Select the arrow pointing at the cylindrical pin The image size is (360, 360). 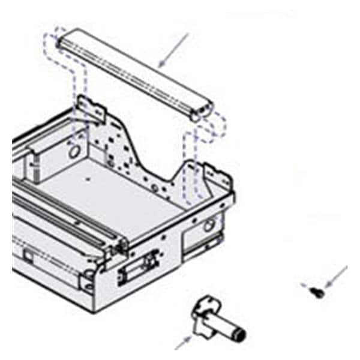(182, 343)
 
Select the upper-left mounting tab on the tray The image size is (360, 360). (90, 108)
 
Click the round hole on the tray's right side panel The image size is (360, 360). (209, 226)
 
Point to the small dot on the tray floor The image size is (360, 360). (88, 179)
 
